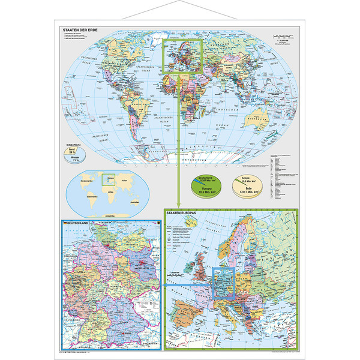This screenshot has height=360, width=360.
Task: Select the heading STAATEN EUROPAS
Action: click(x=186, y=214)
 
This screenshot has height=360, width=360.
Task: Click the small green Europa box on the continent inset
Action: click(x=108, y=177)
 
